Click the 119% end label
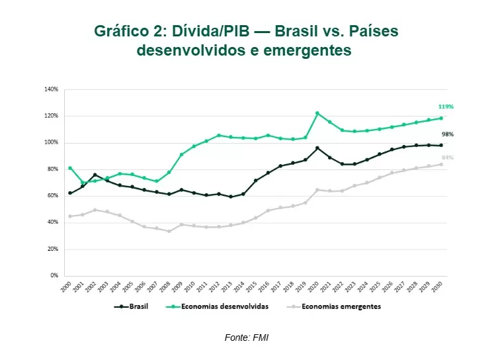click(445, 107)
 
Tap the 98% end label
click(446, 134)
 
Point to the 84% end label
click(446, 157)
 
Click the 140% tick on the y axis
click(52, 89)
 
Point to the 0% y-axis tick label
click(54, 275)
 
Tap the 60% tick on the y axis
click(53, 196)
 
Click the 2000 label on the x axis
click(67, 287)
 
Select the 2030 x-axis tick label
click(438, 287)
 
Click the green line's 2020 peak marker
click(317, 113)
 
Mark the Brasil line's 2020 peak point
click(317, 148)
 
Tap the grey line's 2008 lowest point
click(169, 231)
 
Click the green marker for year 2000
click(69, 168)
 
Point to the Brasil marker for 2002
click(95, 175)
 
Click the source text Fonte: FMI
click(246, 337)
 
